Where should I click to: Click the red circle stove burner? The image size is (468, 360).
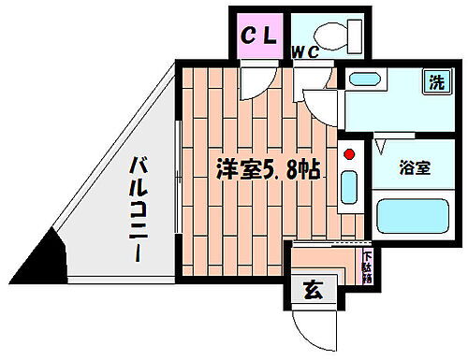tap(348, 153)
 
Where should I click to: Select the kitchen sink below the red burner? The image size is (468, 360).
tap(349, 185)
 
